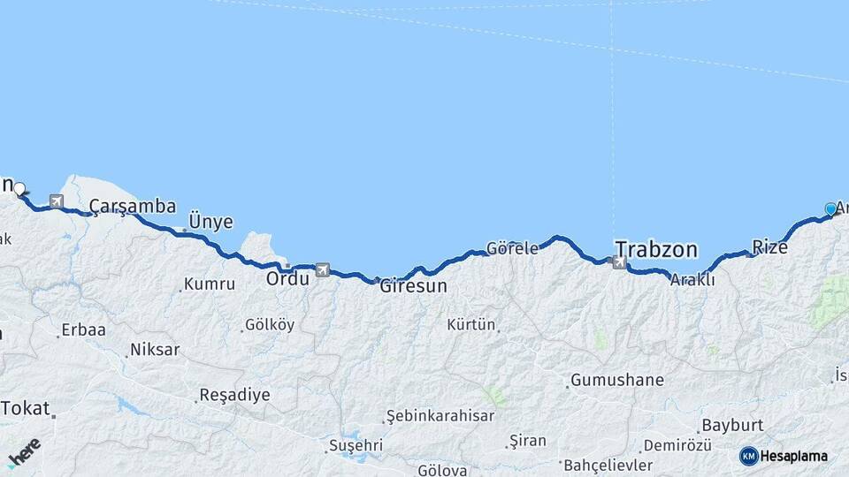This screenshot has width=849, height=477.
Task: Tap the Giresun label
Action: [413, 286]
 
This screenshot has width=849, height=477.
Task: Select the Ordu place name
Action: [287, 278]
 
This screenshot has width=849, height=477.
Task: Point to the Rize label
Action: [769, 247]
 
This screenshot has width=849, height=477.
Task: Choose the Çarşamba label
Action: [132, 207]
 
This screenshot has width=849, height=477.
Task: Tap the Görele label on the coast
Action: [512, 248]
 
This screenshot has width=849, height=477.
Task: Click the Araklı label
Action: [692, 280]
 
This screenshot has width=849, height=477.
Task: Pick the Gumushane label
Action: [616, 381]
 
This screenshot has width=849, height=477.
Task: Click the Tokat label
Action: [27, 408]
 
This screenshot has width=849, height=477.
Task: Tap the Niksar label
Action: [154, 350]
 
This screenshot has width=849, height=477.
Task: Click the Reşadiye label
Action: [234, 394]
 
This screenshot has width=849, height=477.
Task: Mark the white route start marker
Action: [19, 188]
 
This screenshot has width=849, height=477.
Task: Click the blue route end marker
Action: [830, 208]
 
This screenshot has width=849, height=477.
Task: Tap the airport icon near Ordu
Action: [322, 269]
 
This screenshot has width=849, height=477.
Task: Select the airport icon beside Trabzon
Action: [618, 261]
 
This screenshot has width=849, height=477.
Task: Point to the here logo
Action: [24, 452]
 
